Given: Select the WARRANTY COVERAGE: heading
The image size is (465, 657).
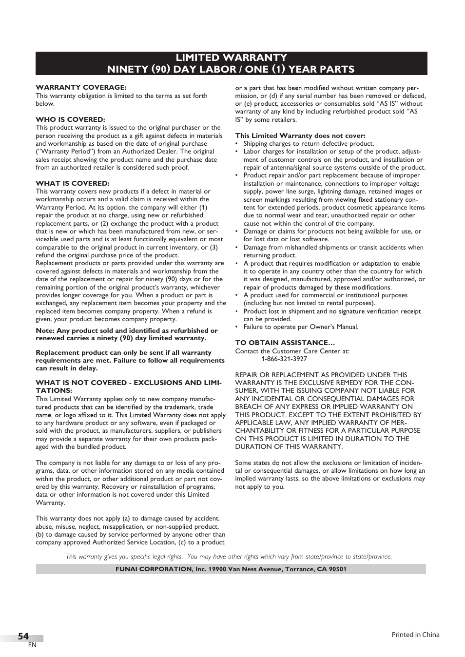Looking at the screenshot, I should (x=81, y=87).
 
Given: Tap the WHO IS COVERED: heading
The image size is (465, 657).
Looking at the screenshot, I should (x=70, y=119).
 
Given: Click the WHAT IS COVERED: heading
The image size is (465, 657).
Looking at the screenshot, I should (x=72, y=183).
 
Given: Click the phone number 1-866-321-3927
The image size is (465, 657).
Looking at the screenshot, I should (x=284, y=359).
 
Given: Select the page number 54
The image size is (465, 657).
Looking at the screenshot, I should (x=23, y=636).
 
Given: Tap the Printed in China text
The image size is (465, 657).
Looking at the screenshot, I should (x=415, y=635).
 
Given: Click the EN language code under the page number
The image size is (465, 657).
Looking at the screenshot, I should (x=32, y=645).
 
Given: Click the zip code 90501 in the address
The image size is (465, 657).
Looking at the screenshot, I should (x=337, y=569).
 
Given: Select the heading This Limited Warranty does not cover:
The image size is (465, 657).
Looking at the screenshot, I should (x=300, y=135).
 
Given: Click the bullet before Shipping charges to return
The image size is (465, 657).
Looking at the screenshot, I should (x=237, y=144).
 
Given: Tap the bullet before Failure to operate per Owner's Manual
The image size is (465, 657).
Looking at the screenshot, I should (x=237, y=327).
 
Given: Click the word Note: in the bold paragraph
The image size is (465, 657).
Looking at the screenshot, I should (x=45, y=330).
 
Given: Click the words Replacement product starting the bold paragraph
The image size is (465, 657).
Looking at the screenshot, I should (x=63, y=352).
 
